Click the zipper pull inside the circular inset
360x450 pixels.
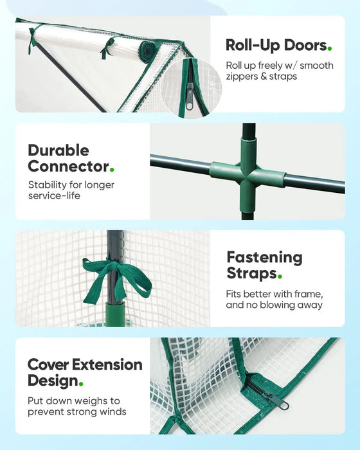(189, 96)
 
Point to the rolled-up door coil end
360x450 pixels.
(148, 51)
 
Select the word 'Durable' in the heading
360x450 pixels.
(59, 150)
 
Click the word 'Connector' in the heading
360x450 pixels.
(68, 166)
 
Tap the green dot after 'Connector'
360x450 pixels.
(112, 170)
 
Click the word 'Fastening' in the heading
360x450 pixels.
(264, 257)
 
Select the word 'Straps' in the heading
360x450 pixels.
(252, 273)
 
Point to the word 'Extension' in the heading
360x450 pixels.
(107, 364)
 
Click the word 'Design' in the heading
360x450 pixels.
(53, 381)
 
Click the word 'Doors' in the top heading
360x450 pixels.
(305, 46)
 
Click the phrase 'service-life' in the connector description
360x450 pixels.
(54, 196)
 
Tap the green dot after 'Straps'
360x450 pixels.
(280, 276)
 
